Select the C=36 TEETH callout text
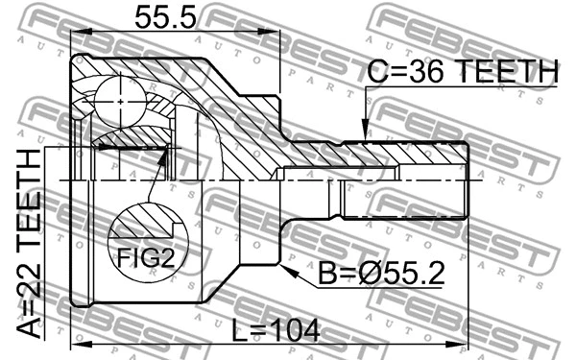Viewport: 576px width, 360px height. tap(463, 71)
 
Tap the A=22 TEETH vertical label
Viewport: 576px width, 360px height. tap(31, 245)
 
